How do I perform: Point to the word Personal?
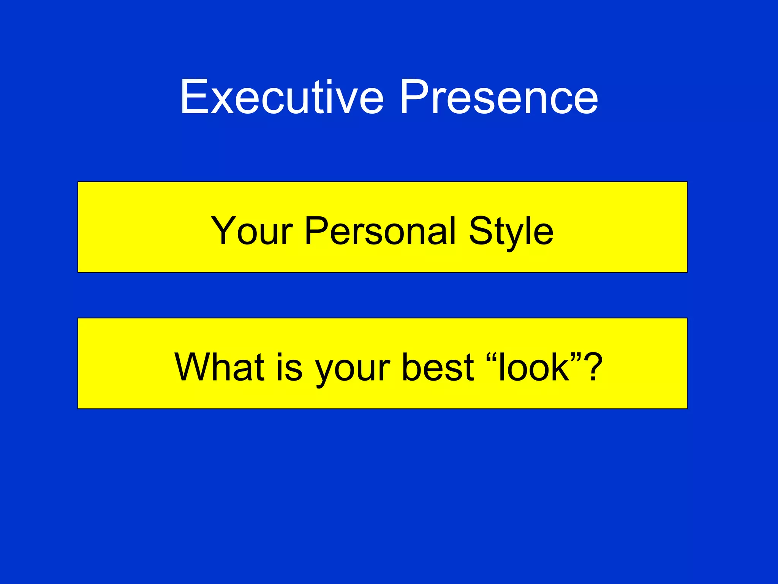380,231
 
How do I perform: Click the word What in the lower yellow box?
219,367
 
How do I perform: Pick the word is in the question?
289,367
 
